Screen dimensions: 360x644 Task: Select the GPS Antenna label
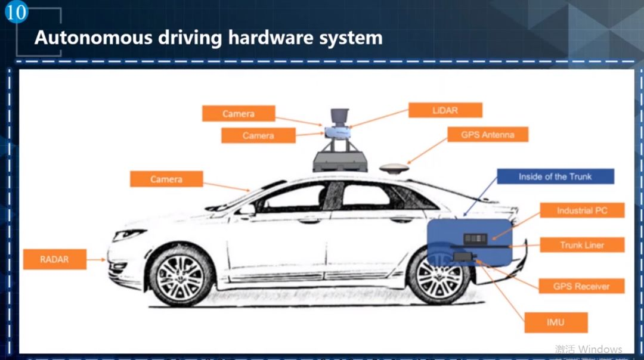coord(487,135)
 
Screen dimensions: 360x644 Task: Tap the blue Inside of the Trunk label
coord(555,176)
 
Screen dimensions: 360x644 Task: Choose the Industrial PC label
coord(582,210)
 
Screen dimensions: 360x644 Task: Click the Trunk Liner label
coord(582,245)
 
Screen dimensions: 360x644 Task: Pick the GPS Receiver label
coord(581,286)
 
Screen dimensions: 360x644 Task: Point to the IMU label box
coord(556,322)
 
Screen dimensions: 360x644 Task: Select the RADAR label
coord(55,259)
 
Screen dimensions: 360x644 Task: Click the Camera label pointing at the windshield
coord(166,179)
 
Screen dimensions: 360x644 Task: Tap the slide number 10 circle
coord(16,12)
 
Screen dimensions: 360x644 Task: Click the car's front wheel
coord(181,277)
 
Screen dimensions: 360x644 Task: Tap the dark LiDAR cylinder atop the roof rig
coord(339,116)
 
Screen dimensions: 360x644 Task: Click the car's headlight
coord(128,234)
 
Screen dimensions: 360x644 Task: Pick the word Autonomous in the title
coord(93,38)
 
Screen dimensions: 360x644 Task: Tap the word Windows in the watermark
coord(600,349)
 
